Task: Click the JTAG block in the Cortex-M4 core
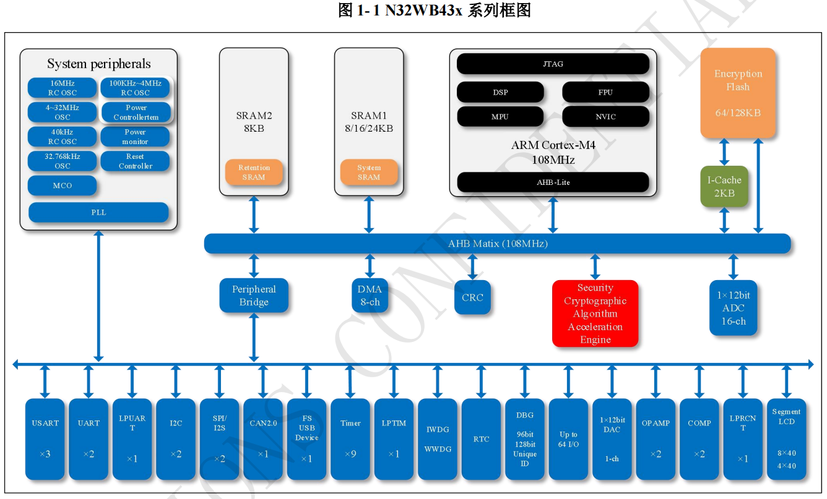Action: pyautogui.click(x=553, y=64)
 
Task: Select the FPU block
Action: pyautogui.click(x=605, y=92)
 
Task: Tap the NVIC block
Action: pyautogui.click(x=605, y=116)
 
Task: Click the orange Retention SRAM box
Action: pyautogui.click(x=254, y=173)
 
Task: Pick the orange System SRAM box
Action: pyautogui.click(x=369, y=173)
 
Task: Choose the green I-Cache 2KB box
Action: pyautogui.click(x=724, y=187)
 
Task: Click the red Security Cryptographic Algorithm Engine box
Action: pyautogui.click(x=595, y=313)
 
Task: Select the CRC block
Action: pyautogui.click(x=472, y=297)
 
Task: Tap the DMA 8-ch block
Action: pyautogui.click(x=370, y=296)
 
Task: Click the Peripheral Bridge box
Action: pyautogui.click(x=254, y=296)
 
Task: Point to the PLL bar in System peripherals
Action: pyautogui.click(x=98, y=213)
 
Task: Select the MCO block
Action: pyautogui.click(x=63, y=186)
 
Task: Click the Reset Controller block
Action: pyautogui.click(x=135, y=161)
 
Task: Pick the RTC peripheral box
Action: pyautogui.click(x=481, y=439)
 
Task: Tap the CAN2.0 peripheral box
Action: pyautogui.click(x=263, y=439)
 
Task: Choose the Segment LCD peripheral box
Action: pyautogui.click(x=786, y=439)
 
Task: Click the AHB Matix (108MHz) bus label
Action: pyautogui.click(x=498, y=244)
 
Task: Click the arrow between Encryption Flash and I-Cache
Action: pyautogui.click(x=724, y=152)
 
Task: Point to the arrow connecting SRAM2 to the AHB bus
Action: pyautogui.click(x=254, y=215)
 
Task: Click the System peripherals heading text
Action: pyautogui.click(x=98, y=64)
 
